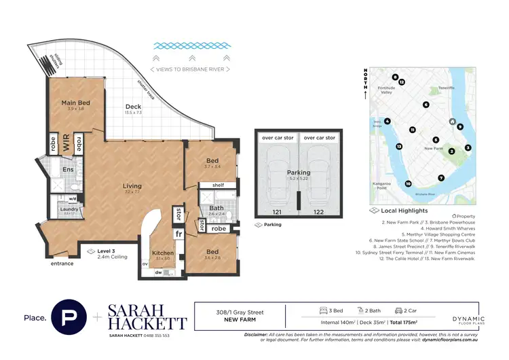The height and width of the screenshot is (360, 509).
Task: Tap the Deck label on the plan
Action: (x=134, y=107)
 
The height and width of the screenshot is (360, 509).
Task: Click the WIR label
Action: (x=67, y=144)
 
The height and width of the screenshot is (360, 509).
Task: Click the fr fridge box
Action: (x=179, y=234)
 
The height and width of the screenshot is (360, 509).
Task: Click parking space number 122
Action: (x=318, y=213)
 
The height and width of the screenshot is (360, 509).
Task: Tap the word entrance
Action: (x=61, y=263)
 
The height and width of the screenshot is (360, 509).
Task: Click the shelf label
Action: (x=218, y=185)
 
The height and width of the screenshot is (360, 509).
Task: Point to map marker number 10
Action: (x=408, y=183)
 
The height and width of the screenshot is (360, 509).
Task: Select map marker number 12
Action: (x=402, y=82)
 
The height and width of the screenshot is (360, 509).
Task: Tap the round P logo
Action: (x=74, y=317)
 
